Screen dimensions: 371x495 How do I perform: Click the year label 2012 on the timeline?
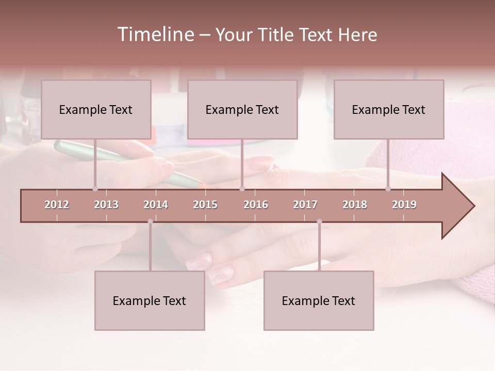(57, 205)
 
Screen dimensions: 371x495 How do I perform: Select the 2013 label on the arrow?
(106, 205)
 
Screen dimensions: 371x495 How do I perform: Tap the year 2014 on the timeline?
(156, 205)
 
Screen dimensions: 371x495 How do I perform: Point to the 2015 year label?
(205, 205)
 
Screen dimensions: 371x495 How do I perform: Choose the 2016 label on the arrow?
(256, 205)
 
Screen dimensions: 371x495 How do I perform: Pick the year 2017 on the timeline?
(305, 205)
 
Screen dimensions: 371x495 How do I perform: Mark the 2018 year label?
(355, 205)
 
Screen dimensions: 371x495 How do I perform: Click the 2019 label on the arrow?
(404, 205)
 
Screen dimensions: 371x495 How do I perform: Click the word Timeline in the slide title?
(155, 35)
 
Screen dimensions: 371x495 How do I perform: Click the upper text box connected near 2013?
(96, 109)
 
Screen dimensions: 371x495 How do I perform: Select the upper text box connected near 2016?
(242, 109)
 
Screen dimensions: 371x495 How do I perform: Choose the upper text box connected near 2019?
(389, 109)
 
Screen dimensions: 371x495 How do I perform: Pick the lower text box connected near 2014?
(150, 300)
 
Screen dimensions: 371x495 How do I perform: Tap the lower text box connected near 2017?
(319, 300)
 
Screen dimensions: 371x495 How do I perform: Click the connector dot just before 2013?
(95, 189)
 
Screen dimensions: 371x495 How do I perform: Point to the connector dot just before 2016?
(242, 189)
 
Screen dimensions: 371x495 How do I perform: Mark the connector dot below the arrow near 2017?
(319, 222)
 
